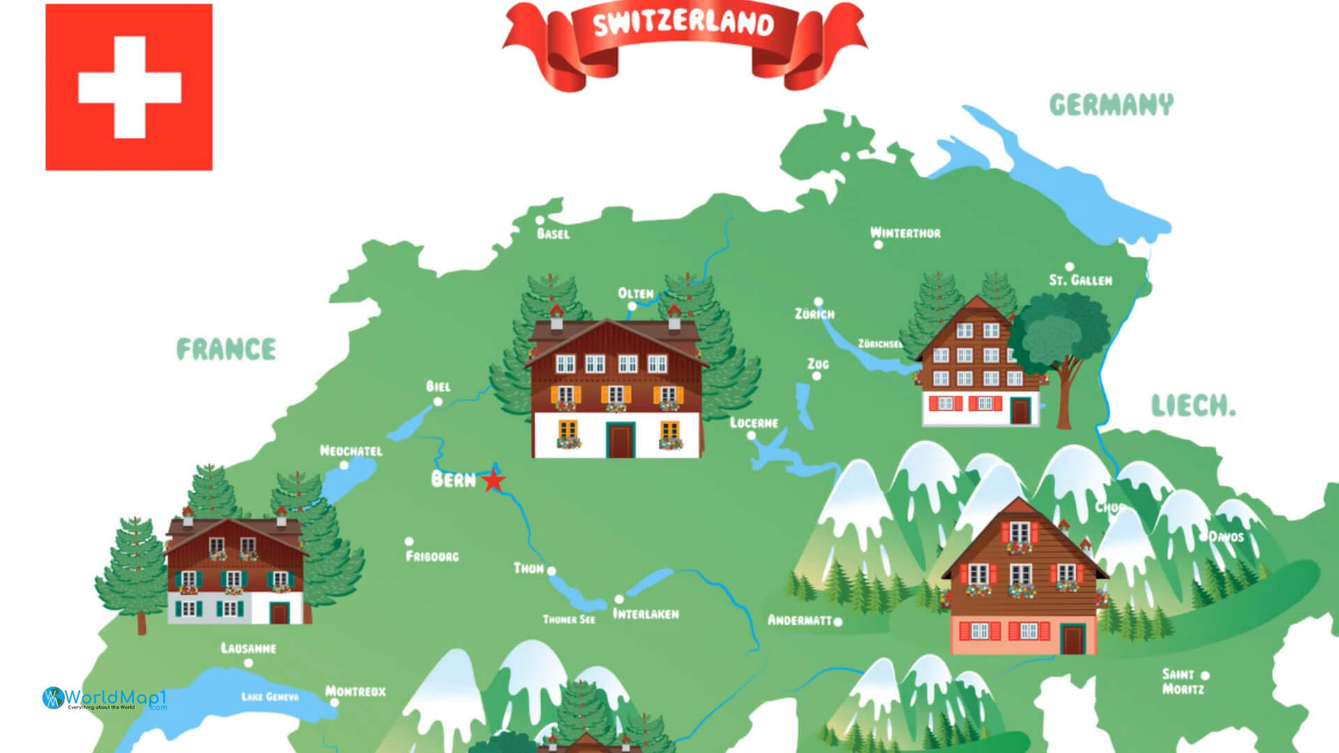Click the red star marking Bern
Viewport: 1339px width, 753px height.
[494, 480]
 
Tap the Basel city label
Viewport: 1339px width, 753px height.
[553, 234]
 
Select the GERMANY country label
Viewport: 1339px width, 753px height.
[1111, 105]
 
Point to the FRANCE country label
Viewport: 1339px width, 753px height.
[226, 349]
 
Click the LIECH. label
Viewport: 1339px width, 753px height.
[1193, 405]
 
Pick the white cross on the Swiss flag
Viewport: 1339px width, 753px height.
[129, 87]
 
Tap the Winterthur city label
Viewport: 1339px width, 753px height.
[905, 233]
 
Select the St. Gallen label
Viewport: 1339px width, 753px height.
[1080, 280]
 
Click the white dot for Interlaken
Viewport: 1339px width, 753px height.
[619, 600]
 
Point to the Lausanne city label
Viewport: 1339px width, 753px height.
[248, 648]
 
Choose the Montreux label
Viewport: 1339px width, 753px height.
[356, 692]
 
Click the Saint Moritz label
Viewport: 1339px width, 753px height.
[1182, 681]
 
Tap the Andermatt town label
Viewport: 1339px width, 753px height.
[800, 620]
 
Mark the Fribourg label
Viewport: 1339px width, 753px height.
[432, 556]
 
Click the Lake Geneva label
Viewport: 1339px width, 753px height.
[270, 697]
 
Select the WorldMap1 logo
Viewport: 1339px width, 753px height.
[105, 698]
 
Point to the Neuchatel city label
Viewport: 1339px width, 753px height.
[351, 451]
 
